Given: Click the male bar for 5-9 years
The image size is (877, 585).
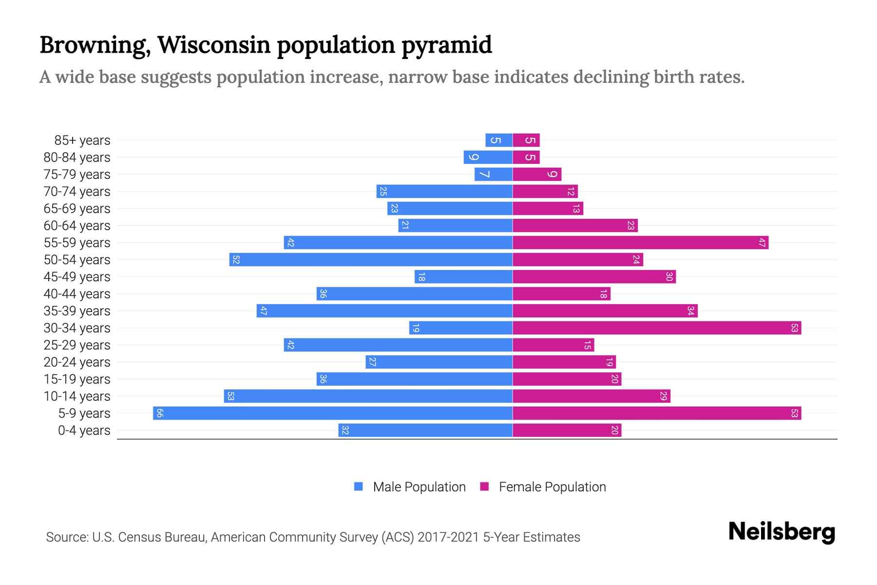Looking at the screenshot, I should click(333, 413).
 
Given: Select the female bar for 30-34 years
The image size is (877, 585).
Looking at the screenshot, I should click(657, 328).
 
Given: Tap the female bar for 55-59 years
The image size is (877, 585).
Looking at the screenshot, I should click(640, 242).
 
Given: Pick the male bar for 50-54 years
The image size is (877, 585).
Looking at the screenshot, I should click(371, 259).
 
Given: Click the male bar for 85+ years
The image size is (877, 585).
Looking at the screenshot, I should click(499, 140).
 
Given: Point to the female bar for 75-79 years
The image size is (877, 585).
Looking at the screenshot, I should click(537, 174).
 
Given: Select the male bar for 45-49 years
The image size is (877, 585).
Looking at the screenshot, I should click(463, 276).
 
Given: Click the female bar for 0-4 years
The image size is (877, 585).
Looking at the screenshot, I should click(567, 430).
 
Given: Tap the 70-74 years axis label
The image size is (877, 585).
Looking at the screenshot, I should click(77, 192).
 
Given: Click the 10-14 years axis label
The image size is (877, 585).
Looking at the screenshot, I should click(77, 396).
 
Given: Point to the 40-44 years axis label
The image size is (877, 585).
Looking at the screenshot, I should click(77, 294).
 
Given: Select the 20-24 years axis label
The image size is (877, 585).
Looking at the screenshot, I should click(77, 362).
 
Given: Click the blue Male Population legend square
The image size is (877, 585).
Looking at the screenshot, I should click(359, 487).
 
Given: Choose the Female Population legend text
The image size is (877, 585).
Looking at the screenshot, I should click(552, 487).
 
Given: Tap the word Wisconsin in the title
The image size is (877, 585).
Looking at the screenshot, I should click(214, 45).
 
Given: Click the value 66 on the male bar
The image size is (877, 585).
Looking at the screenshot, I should click(160, 413).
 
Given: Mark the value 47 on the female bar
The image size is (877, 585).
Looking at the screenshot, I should click(762, 242).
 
